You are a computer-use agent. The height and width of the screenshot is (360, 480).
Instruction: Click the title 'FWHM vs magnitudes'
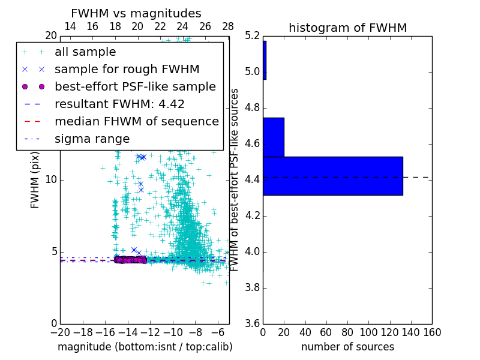136,13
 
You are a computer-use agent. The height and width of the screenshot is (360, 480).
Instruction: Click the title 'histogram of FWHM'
347,28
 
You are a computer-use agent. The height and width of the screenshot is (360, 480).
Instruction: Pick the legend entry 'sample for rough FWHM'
127,69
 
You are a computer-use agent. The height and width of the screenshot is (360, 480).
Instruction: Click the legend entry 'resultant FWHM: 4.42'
119,104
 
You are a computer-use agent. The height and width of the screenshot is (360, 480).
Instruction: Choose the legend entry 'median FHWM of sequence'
136,121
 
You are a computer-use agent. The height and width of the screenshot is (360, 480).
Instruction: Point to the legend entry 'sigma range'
92,139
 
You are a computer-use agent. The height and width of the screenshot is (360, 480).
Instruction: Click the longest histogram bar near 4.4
332,176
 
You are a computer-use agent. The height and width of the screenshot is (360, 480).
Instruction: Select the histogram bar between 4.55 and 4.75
273,137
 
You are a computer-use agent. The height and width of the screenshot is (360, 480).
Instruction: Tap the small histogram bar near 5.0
264,60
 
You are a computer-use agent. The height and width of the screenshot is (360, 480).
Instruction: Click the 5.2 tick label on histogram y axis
252,36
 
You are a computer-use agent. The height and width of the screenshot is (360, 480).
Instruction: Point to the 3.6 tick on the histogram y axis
252,323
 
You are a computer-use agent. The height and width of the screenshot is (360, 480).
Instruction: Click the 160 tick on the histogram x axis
431,332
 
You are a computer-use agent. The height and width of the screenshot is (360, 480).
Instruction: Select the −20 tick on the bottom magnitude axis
60,332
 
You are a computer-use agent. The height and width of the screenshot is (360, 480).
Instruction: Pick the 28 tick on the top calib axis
228,26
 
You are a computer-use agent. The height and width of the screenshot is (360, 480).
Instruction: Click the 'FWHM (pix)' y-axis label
35,180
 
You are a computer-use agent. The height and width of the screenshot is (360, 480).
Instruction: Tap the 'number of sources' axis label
347,347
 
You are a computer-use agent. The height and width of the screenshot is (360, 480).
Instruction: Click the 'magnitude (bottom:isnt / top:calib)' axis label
145,347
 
